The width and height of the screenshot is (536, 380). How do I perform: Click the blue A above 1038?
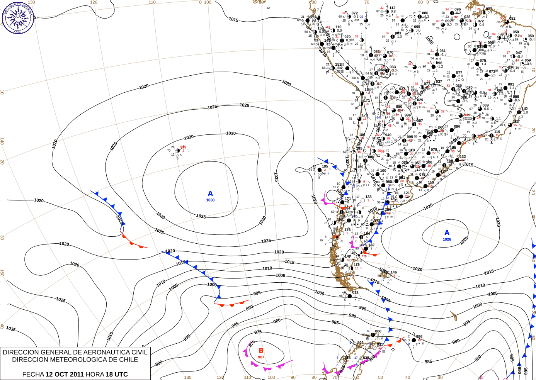210,193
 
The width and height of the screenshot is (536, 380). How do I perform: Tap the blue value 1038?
210,200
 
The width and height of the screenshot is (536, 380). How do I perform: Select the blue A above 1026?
447,232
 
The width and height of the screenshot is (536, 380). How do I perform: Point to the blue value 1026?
447,239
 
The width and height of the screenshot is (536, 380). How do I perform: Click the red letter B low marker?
261,351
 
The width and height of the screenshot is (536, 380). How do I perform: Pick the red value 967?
261,357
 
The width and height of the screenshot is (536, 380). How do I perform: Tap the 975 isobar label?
258,332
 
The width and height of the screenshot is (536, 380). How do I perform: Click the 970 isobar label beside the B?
252,343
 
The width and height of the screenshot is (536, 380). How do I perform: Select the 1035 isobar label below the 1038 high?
201,216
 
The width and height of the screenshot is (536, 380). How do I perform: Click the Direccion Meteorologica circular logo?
18,17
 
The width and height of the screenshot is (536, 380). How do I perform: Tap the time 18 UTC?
117,374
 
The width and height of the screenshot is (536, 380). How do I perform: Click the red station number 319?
183,147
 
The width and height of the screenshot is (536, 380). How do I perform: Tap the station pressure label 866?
378,331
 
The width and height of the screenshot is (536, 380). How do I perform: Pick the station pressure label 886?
419,336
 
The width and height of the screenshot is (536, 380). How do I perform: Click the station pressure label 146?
393,272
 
